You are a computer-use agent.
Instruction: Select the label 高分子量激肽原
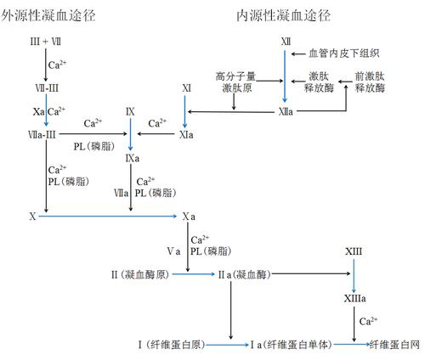click(234, 82)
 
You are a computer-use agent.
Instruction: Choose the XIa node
click(187, 134)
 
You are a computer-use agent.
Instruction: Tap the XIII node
click(354, 251)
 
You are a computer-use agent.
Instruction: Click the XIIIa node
click(355, 299)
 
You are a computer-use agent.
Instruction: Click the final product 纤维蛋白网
click(394, 344)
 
